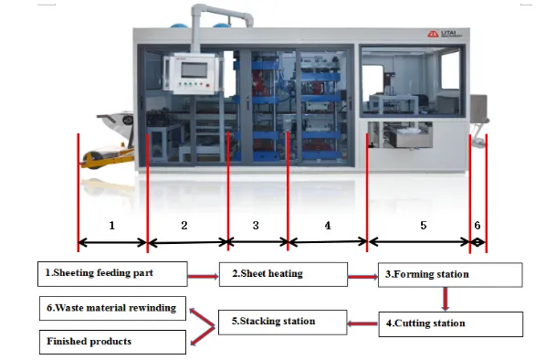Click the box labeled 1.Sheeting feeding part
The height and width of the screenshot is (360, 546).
[x=111, y=273]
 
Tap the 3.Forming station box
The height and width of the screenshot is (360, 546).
[x=449, y=274]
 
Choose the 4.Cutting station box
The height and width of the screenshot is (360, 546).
[x=449, y=323]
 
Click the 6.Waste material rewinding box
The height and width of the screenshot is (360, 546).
[x=112, y=307]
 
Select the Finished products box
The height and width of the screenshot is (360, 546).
[x=112, y=342]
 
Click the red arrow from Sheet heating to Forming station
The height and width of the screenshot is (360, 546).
[x=362, y=273]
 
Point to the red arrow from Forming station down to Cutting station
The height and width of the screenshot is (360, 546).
[x=446, y=299]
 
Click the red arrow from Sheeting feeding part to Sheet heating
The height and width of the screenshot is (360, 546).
[x=202, y=273]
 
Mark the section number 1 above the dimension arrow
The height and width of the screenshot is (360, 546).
[x=111, y=224]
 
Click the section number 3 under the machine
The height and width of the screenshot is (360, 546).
[x=256, y=224]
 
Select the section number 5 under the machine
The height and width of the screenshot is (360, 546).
[x=422, y=224]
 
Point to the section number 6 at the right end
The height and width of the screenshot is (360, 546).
[x=477, y=225]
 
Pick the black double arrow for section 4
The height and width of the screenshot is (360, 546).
[x=328, y=242]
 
